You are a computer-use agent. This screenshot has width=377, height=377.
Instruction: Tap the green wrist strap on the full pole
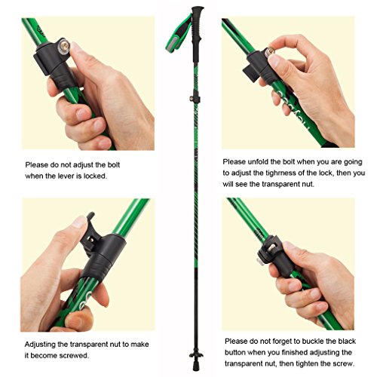click(178, 34)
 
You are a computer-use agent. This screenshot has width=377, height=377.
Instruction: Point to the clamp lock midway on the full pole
click(195, 99)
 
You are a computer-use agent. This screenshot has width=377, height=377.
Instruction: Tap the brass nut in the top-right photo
click(270, 51)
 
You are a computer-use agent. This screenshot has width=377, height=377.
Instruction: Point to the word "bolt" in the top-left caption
click(114, 165)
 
